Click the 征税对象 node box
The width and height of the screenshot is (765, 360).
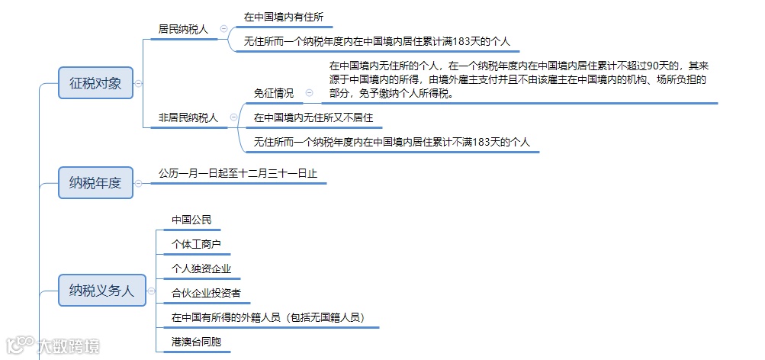(x=95, y=83)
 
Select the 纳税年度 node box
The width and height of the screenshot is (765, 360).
(x=95, y=183)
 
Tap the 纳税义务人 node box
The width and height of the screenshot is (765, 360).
(x=101, y=291)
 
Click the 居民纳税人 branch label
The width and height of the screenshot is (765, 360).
(x=183, y=29)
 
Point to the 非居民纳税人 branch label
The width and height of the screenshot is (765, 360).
(x=188, y=117)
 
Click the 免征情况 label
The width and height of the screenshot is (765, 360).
(x=274, y=93)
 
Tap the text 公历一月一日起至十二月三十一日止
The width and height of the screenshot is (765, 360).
(x=238, y=173)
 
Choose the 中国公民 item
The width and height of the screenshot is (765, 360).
(x=191, y=220)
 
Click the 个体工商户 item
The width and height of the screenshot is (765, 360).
(x=197, y=244)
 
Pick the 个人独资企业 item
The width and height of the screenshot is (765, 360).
(x=201, y=268)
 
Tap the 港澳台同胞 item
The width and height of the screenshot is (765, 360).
(x=197, y=342)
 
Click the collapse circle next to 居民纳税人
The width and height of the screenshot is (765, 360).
(x=223, y=29)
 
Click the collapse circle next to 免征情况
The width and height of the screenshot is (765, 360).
(x=309, y=93)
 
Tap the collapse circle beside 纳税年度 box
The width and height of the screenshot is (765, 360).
(x=139, y=183)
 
